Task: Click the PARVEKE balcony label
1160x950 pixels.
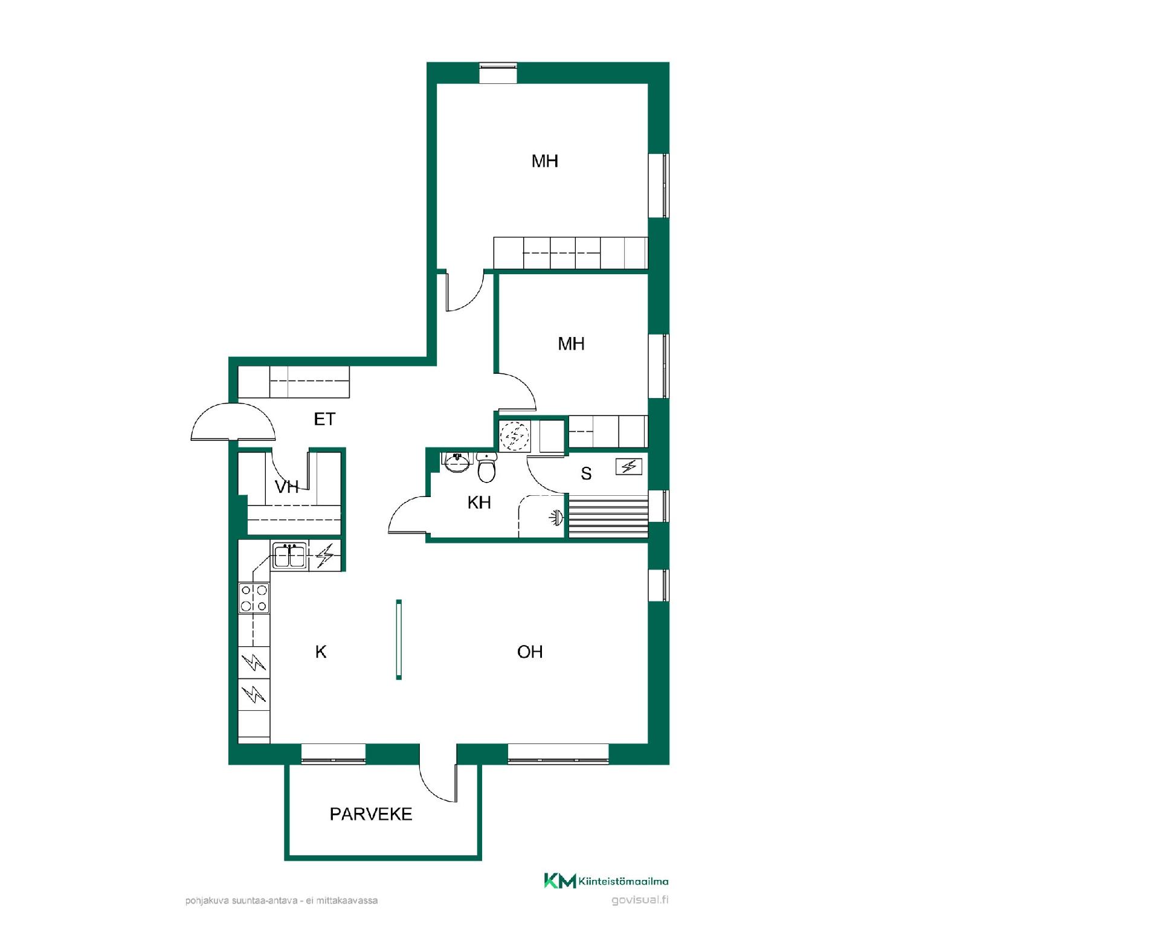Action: click(371, 814)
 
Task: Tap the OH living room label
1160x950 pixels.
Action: click(530, 652)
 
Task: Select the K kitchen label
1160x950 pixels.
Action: click(321, 652)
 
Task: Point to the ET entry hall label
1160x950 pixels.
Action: click(324, 419)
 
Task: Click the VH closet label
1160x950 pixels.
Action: click(287, 487)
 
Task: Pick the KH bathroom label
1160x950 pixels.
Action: click(479, 502)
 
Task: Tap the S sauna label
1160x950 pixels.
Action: click(586, 473)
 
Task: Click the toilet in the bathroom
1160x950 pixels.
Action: click(486, 467)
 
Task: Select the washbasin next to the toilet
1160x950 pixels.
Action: click(457, 462)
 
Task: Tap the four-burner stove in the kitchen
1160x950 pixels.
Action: click(254, 598)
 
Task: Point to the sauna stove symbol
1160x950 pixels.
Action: click(629, 466)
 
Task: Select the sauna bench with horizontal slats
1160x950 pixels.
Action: click(608, 516)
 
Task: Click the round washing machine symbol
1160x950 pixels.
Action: click(515, 435)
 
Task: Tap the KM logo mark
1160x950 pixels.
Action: click(560, 881)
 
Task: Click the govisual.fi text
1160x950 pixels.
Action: click(640, 900)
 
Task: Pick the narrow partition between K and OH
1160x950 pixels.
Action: click(399, 640)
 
